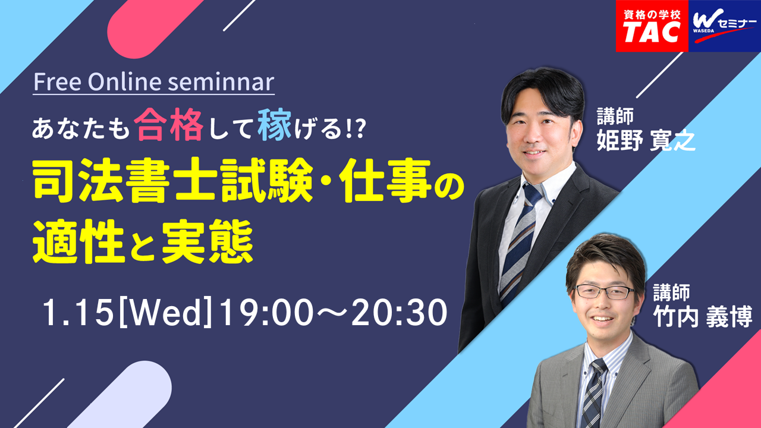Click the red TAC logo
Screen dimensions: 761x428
[652, 26]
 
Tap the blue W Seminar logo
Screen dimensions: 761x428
[725, 26]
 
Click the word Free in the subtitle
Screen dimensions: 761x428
[58, 82]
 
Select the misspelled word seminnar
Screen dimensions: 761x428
[221, 82]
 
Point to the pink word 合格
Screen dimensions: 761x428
[168, 125]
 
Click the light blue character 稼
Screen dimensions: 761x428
[275, 125]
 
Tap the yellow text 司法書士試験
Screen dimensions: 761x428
[172, 180]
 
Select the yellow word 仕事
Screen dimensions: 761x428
[387, 180]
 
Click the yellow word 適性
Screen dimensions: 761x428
[78, 241]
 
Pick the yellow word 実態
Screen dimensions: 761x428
[207, 241]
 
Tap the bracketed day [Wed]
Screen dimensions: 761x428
[166, 313]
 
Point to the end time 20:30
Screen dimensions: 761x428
[399, 313]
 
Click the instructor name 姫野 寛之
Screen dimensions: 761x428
[646, 140]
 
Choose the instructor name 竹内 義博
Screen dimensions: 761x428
[703, 316]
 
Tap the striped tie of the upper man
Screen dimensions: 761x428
[519, 244]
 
